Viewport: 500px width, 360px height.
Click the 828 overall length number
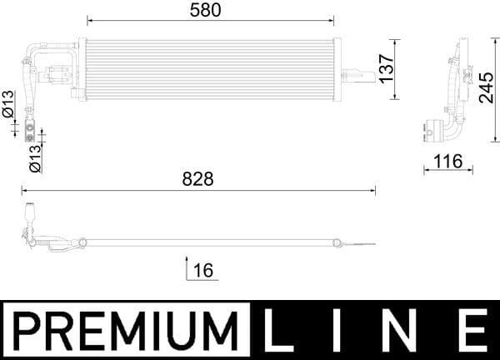[198, 179]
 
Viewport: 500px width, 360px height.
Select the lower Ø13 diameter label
[35, 157]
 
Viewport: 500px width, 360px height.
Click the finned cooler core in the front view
[208, 68]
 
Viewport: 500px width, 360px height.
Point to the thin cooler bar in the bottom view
[208, 242]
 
